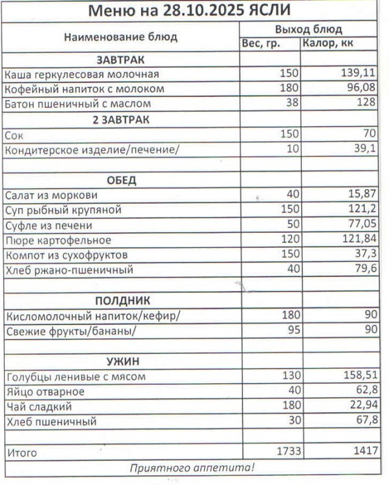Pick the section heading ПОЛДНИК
coord(122,301)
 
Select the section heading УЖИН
coord(123,361)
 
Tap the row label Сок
coord(14,135)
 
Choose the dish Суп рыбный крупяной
coord(63,210)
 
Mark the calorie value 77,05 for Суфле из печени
coord(362,226)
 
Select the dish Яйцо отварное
coord(45,392)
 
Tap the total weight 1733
coord(287,452)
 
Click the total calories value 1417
coord(366,452)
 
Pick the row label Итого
coord(22,453)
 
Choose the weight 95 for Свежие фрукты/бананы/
coord(293,330)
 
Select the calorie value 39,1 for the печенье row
coord(366,150)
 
